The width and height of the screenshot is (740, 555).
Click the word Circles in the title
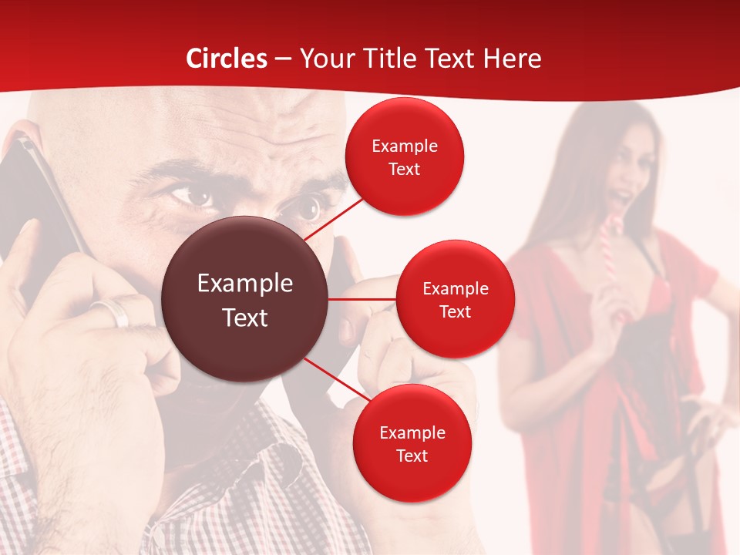[x=227, y=59]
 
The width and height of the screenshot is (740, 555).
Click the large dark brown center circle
[x=244, y=299]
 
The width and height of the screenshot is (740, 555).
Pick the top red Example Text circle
[x=405, y=156]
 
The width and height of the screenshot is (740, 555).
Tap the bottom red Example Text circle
[x=412, y=443]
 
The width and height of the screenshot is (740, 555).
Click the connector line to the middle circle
[x=362, y=299]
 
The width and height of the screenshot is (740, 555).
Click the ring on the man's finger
[x=112, y=312]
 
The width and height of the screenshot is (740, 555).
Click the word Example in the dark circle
[x=244, y=284]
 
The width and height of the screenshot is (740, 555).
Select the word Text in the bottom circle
[x=412, y=456]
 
